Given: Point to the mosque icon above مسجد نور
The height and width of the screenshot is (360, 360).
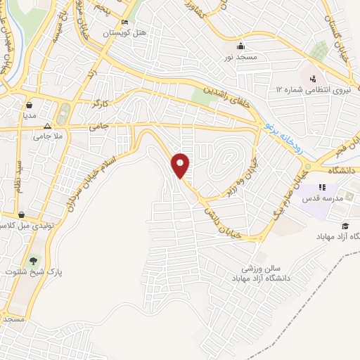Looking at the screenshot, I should pos(240,44).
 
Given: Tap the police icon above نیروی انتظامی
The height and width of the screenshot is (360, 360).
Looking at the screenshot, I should pos(312,77).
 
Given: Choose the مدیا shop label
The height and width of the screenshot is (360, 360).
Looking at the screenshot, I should pos(30,113).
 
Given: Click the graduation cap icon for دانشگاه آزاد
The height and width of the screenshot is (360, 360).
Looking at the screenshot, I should pos(345,225).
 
